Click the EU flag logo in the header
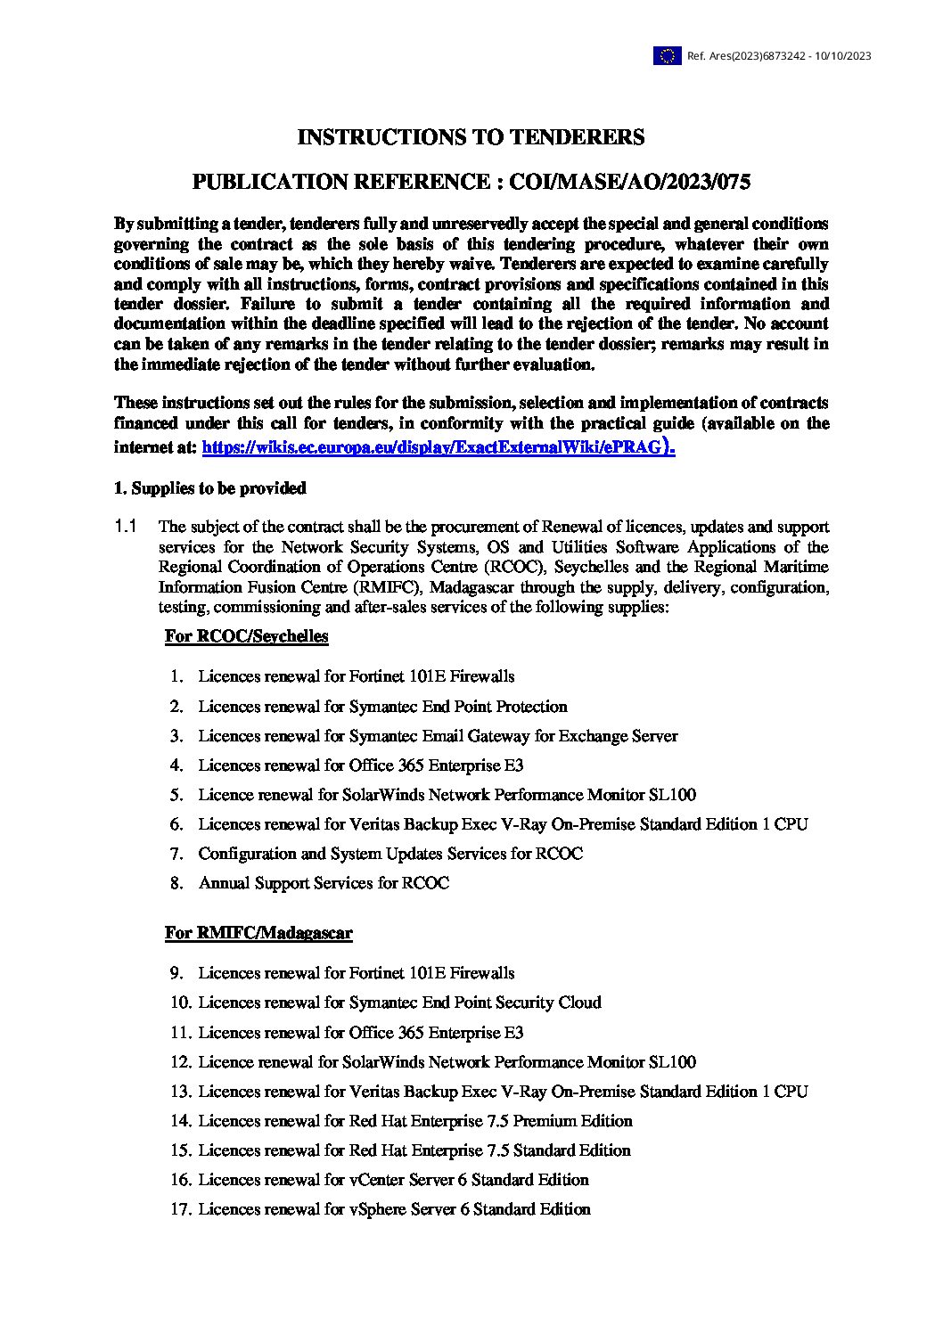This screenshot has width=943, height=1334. pyautogui.click(x=667, y=56)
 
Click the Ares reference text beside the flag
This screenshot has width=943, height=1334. pyautogui.click(x=778, y=56)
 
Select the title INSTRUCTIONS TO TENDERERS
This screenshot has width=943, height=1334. pyautogui.click(x=471, y=137)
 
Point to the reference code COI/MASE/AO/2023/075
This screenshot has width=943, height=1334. pyautogui.click(x=628, y=183)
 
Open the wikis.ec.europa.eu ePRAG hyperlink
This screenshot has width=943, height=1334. pyautogui.click(x=438, y=447)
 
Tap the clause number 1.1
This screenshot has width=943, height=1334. pyautogui.click(x=125, y=527)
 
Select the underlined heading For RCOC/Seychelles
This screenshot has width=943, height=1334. pyautogui.click(x=246, y=636)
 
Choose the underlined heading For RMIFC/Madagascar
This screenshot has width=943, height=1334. pyautogui.click(x=258, y=933)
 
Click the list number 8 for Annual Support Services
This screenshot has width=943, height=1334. pyautogui.click(x=178, y=883)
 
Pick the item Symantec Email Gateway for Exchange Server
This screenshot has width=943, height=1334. pyautogui.click(x=438, y=736)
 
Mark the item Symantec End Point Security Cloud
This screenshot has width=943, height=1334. pyautogui.click(x=399, y=1003)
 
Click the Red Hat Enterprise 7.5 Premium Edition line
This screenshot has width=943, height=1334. pyautogui.click(x=415, y=1121)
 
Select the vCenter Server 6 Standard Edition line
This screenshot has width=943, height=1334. pyautogui.click(x=393, y=1180)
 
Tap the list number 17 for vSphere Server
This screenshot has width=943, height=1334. pyautogui.click(x=181, y=1209)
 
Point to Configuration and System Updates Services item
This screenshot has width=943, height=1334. pyautogui.click(x=390, y=854)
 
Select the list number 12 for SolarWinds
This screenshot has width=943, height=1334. pyautogui.click(x=181, y=1062)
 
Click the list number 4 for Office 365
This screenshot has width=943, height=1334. pyautogui.click(x=178, y=765)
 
